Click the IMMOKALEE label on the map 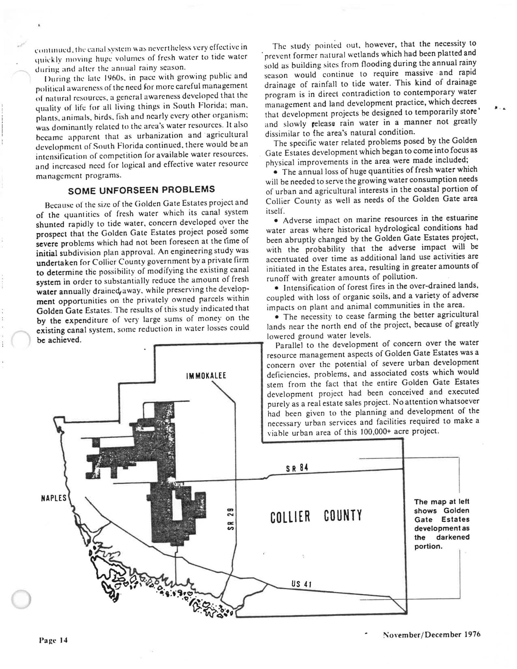[x=206, y=376]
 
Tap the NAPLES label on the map [x=54, y=498]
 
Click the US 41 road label [x=301, y=584]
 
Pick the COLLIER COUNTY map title [x=316, y=516]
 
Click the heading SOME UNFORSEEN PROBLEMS [x=142, y=189]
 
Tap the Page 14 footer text [x=53, y=640]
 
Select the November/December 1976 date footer [x=432, y=634]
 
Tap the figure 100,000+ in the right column [x=375, y=431]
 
